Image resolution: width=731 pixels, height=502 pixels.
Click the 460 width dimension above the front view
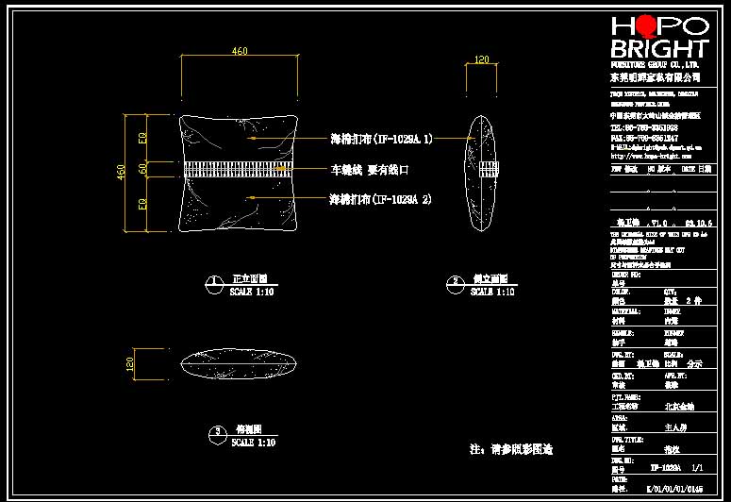(240, 52)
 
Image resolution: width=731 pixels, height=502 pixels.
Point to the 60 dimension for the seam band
(142, 170)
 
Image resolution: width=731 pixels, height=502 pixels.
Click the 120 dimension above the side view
(482, 59)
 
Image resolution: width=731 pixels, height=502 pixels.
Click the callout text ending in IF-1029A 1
(380, 139)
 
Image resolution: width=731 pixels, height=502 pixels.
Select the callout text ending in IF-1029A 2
(380, 200)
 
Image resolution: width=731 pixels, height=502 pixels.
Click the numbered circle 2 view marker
(455, 281)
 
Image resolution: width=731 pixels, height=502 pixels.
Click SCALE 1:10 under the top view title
(253, 443)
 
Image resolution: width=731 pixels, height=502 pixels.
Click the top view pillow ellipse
(240, 362)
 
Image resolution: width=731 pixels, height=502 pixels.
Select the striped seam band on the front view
(239, 170)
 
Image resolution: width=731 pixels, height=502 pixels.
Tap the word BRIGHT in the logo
(659, 49)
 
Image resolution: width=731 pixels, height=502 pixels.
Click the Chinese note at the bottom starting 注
(510, 449)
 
